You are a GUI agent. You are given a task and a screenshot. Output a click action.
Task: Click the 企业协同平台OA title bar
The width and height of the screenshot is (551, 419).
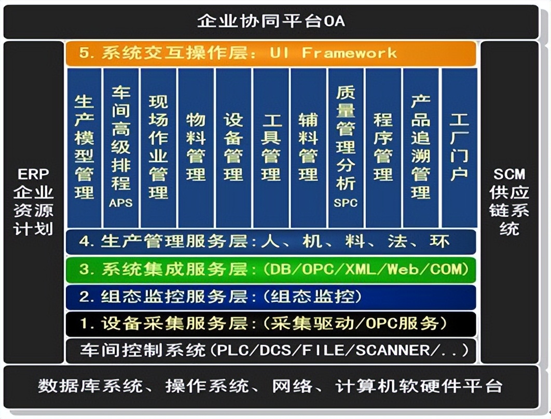(271, 22)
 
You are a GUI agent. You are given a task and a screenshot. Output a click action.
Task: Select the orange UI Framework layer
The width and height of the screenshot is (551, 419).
(271, 53)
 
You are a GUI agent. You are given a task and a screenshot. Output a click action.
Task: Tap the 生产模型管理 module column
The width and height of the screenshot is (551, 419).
(85, 148)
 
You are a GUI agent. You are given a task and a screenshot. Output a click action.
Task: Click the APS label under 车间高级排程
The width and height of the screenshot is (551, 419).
(120, 203)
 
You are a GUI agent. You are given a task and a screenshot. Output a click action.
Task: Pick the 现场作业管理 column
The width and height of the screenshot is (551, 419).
(158, 148)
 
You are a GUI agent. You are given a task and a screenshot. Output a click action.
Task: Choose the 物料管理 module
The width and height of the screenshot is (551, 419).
(196, 148)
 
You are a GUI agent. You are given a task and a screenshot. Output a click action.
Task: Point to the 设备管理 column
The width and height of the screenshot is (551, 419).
(233, 148)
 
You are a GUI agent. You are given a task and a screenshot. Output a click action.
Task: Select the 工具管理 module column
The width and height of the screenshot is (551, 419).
(271, 148)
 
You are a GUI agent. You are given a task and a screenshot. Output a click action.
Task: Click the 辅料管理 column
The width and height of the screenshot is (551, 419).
(308, 148)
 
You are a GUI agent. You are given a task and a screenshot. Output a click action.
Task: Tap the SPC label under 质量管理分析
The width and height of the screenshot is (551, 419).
(346, 203)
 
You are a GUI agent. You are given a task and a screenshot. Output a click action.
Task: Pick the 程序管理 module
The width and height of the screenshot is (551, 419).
(383, 148)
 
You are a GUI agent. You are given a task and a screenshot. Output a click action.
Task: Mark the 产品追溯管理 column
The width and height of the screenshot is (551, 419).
(421, 148)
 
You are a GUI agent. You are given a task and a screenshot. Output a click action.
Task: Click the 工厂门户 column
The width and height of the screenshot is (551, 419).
(459, 148)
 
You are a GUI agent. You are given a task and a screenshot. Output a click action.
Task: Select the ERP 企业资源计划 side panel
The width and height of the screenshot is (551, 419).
(33, 202)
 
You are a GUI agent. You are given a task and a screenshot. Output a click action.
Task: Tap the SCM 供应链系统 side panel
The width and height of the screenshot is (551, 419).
(509, 202)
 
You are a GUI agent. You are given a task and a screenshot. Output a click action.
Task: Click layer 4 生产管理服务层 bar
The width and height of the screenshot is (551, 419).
(271, 242)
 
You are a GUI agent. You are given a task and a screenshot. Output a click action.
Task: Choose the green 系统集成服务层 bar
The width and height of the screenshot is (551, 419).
(271, 270)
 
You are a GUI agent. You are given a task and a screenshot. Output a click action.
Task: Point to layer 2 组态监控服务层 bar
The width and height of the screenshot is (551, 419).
(271, 297)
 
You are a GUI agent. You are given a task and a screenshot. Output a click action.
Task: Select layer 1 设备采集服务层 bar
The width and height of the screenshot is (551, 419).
(271, 324)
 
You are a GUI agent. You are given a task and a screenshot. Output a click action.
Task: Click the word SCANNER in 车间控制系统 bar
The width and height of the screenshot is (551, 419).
(393, 351)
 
